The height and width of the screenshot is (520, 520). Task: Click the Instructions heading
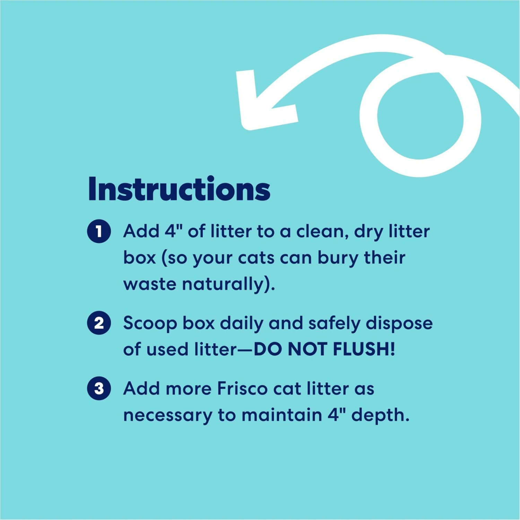(179, 189)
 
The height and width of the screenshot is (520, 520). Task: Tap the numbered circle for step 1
(99, 231)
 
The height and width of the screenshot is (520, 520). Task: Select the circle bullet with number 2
(99, 323)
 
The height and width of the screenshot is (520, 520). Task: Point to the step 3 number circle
(99, 388)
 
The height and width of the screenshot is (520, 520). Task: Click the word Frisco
(242, 388)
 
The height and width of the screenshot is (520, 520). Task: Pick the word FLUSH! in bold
(364, 349)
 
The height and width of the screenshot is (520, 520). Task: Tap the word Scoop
(150, 323)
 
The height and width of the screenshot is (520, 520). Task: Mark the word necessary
(167, 415)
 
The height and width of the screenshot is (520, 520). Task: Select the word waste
(150, 284)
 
